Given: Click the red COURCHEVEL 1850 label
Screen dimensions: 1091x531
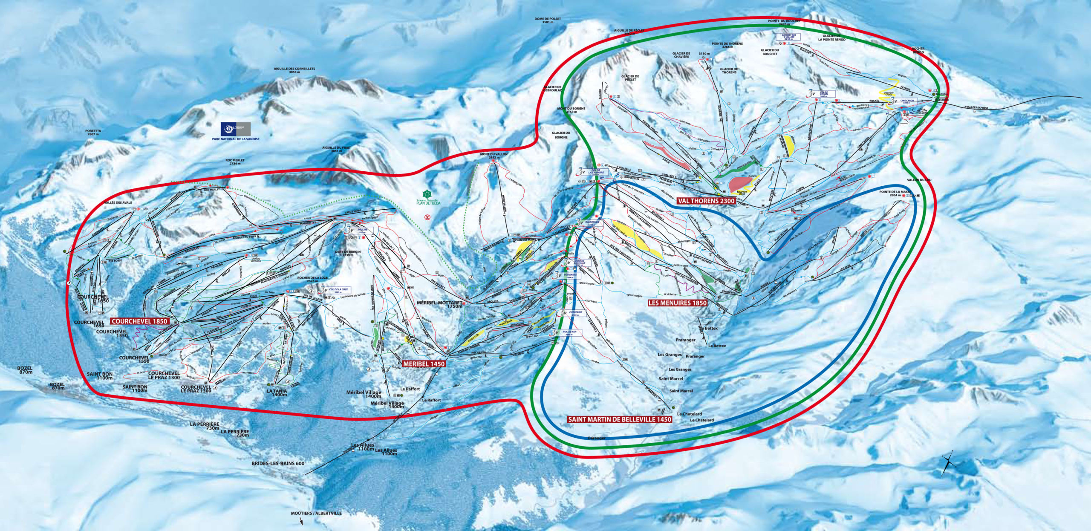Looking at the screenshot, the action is pyautogui.click(x=140, y=321).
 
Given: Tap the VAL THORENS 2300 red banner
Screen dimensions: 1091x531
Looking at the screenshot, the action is pyautogui.click(x=706, y=201).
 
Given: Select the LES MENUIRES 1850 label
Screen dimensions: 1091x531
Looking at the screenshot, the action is pyautogui.click(x=677, y=303).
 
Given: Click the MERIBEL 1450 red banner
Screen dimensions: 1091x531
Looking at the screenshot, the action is pyautogui.click(x=424, y=364).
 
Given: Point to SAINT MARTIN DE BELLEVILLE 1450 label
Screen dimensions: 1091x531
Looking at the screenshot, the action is pyautogui.click(x=620, y=419).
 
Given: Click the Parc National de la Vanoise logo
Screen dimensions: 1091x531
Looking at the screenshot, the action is pyautogui.click(x=236, y=129).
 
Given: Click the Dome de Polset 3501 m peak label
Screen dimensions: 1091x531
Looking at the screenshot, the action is pyautogui.click(x=548, y=20).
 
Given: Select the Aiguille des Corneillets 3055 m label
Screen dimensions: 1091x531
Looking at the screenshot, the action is pyautogui.click(x=294, y=70).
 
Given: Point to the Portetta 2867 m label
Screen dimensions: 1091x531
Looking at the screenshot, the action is pyautogui.click(x=93, y=133).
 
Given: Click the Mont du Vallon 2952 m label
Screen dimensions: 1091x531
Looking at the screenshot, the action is pyautogui.click(x=488, y=156).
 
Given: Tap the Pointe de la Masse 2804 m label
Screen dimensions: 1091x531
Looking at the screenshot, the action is pyautogui.click(x=895, y=193).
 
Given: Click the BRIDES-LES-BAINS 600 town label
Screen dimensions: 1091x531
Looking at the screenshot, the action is pyautogui.click(x=278, y=463).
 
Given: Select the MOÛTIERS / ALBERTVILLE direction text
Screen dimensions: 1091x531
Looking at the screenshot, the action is pyautogui.click(x=316, y=513).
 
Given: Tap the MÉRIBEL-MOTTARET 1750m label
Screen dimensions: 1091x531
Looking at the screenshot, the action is pyautogui.click(x=439, y=304).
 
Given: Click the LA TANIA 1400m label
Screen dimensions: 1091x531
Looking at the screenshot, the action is pyautogui.click(x=277, y=392).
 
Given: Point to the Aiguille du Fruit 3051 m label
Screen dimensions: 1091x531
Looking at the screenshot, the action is pyautogui.click(x=336, y=149).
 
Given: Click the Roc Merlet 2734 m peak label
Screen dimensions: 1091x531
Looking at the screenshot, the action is pyautogui.click(x=235, y=162).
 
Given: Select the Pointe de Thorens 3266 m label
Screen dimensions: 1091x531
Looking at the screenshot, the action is pyautogui.click(x=727, y=45).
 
